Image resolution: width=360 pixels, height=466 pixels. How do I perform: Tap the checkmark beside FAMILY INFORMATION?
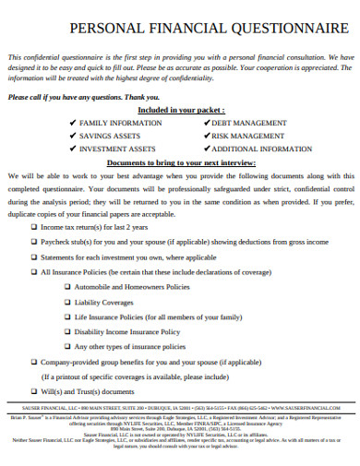(x=72, y=123)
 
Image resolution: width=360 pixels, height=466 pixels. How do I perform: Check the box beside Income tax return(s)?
(x=34, y=226)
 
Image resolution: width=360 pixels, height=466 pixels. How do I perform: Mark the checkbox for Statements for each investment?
(x=34, y=257)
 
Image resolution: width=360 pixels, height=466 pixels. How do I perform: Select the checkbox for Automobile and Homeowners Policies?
(x=67, y=287)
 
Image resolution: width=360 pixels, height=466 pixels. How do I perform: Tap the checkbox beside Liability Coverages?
(x=67, y=302)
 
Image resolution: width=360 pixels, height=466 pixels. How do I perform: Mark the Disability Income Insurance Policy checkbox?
(x=67, y=331)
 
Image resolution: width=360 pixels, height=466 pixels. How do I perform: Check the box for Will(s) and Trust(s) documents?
(x=34, y=391)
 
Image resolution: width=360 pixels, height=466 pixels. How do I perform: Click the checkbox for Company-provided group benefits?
(x=34, y=362)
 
